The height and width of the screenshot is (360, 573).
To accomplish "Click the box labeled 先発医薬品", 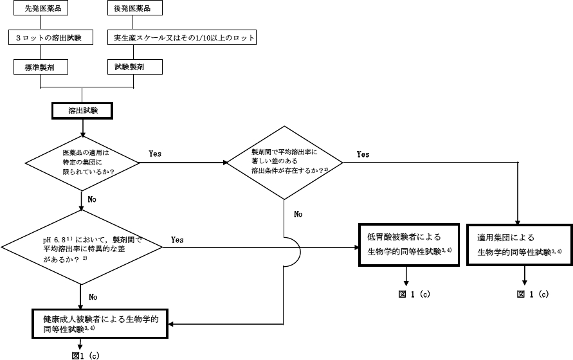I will pyautogui.click(x=41, y=10).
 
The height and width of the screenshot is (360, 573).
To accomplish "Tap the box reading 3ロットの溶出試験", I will pyautogui.click(x=41, y=38).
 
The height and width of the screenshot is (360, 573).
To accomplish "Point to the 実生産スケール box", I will pyautogui.click(x=182, y=38).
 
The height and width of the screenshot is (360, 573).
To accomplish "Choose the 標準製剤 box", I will pyautogui.click(x=41, y=66).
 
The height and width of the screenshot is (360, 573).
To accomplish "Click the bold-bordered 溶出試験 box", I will pyautogui.click(x=82, y=111).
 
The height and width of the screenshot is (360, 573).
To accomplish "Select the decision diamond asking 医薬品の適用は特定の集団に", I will pyautogui.click(x=83, y=162).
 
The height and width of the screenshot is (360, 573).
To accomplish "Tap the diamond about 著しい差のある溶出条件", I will pyautogui.click(x=284, y=162).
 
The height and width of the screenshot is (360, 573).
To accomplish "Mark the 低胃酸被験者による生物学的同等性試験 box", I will pyautogui.click(x=408, y=244).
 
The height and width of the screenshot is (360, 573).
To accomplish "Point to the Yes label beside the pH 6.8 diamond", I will pyautogui.click(x=177, y=240).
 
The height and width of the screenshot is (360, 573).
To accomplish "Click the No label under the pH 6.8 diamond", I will pyautogui.click(x=93, y=297).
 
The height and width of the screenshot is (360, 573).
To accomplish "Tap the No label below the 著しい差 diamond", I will pyautogui.click(x=298, y=214).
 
